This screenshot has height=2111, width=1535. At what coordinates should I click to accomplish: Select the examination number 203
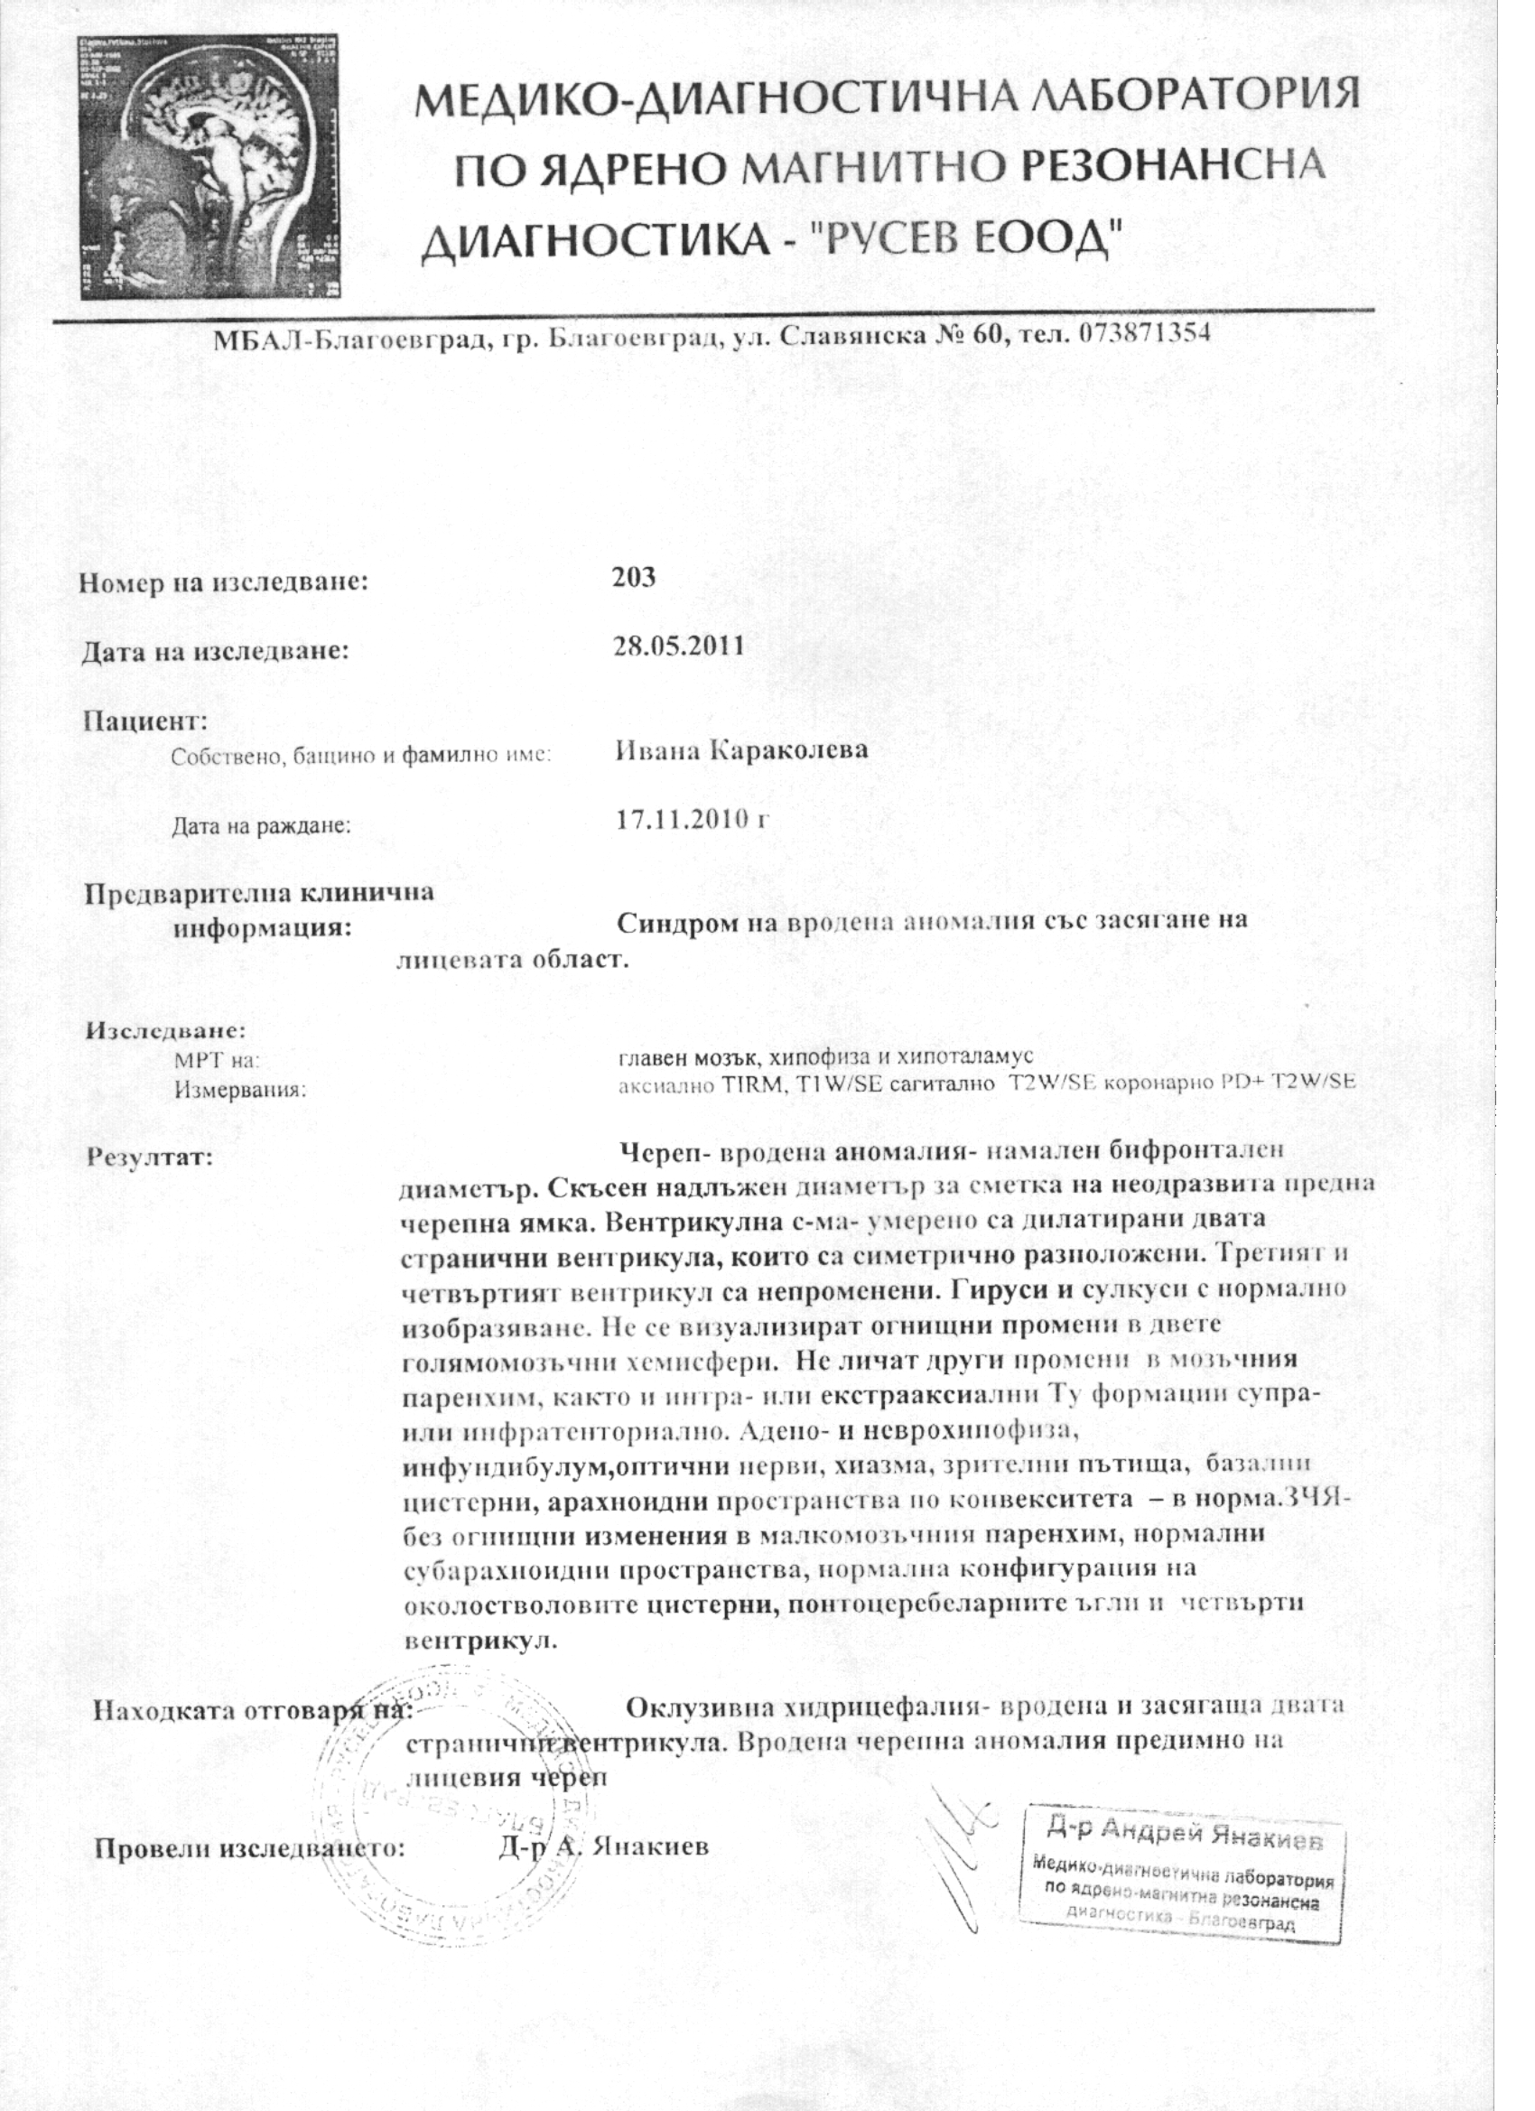tap(634, 577)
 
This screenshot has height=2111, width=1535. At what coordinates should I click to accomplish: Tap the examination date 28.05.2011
tap(679, 646)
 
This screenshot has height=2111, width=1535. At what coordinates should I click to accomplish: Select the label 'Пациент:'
tap(145, 721)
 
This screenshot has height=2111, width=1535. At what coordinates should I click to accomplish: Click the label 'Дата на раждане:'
tap(261, 824)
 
